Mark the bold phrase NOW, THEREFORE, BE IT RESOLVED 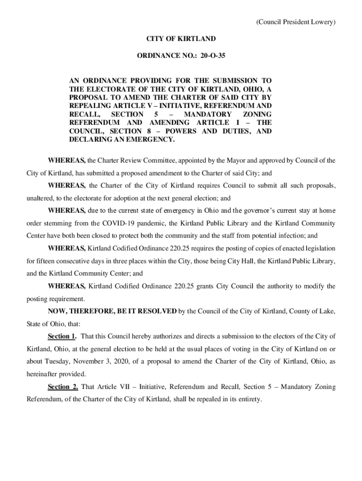point(112,311)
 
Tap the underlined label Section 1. point(62,336)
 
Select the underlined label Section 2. point(63,387)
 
